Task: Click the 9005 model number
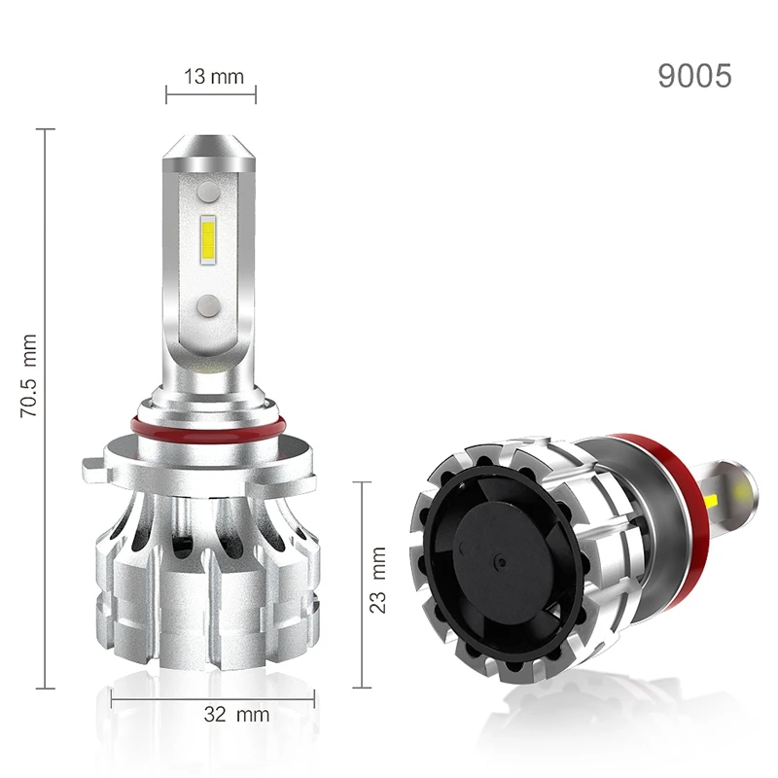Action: pos(694,76)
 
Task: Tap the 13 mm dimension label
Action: pos(214,77)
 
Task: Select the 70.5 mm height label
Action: pos(29,375)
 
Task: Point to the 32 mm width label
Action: pos(236,715)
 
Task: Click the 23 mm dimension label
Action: pos(377,580)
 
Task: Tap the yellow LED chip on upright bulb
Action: pos(208,240)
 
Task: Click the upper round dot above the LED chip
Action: pos(208,191)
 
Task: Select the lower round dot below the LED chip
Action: pos(208,305)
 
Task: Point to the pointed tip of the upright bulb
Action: pos(208,136)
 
